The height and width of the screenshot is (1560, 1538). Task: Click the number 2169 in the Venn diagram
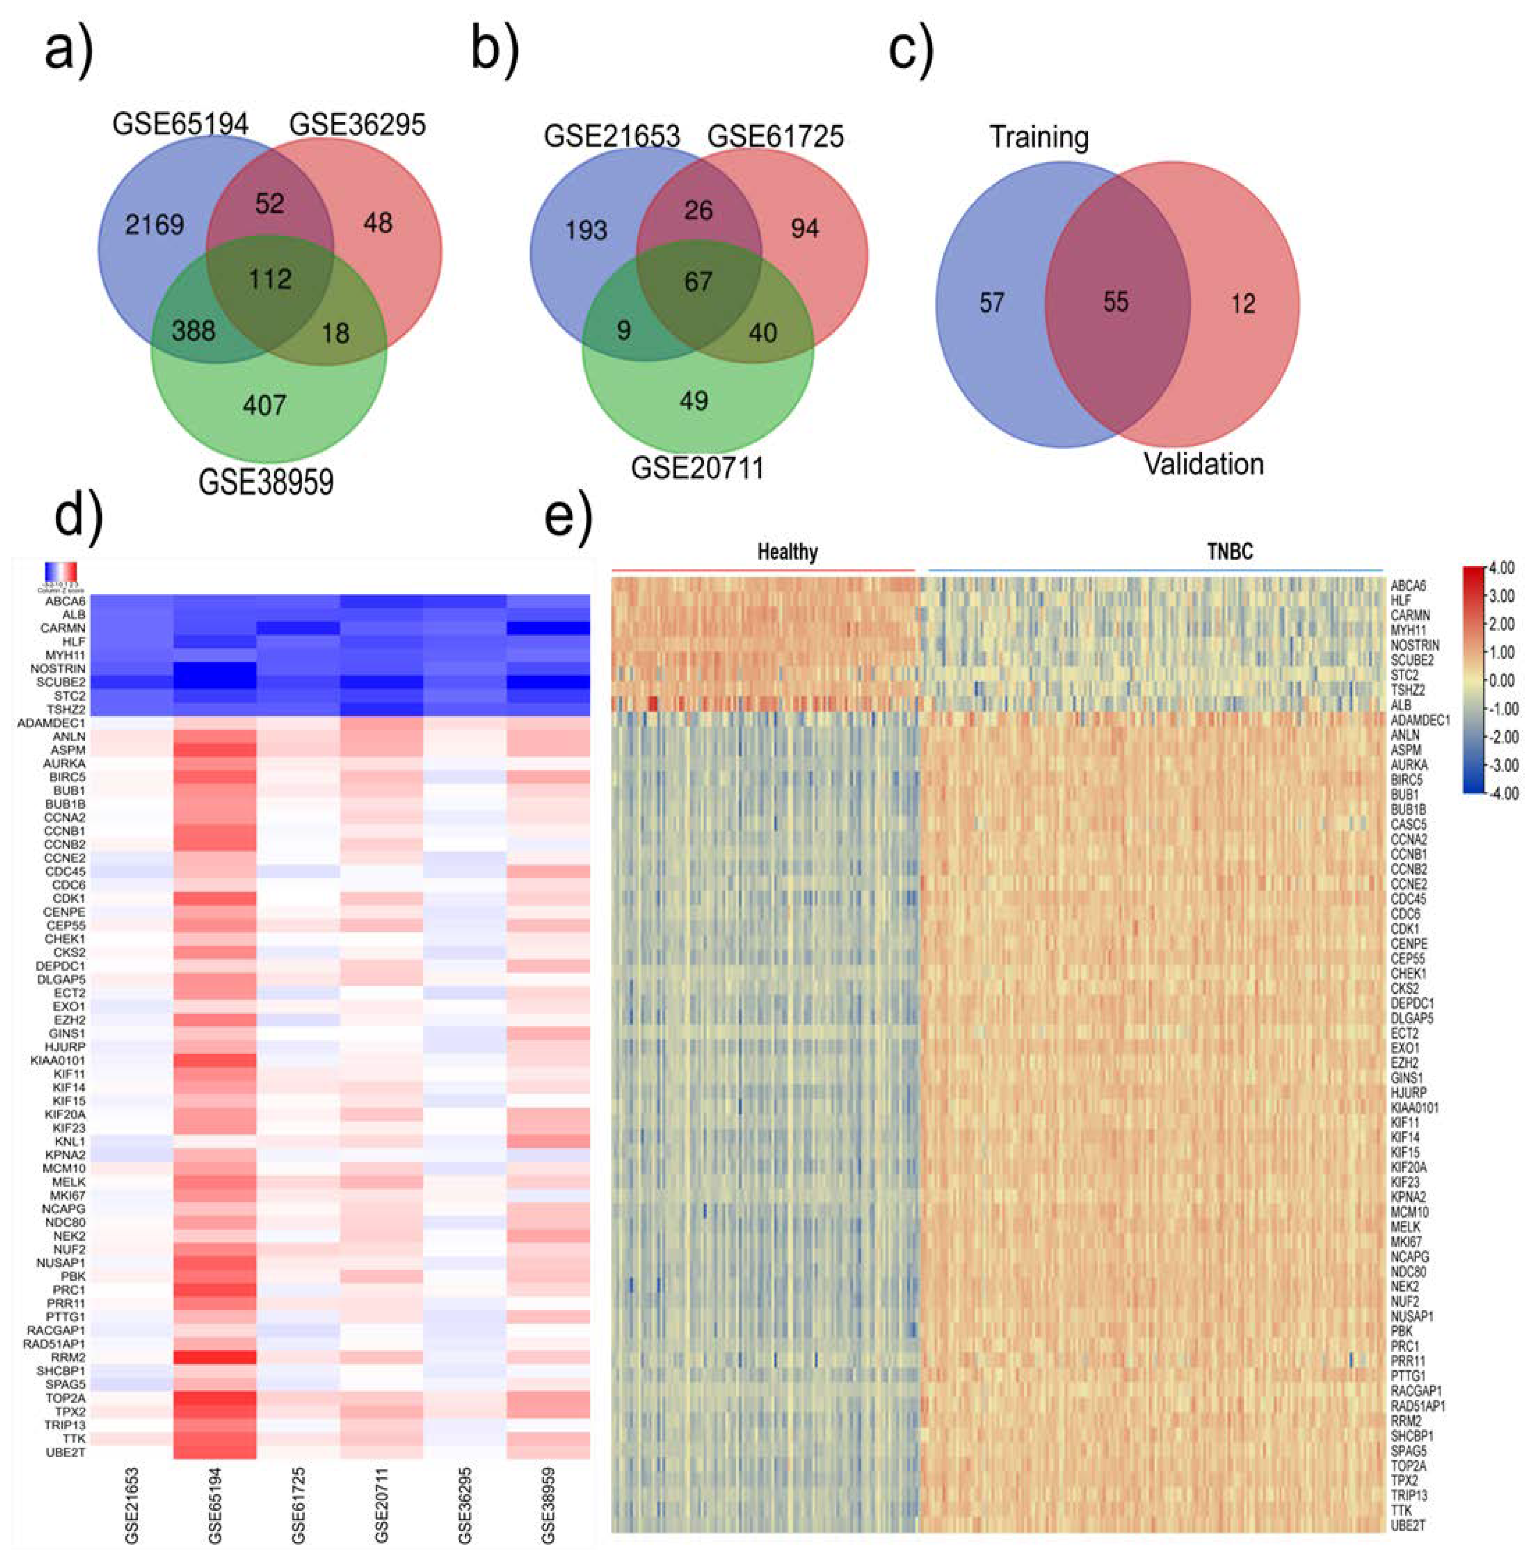(x=154, y=224)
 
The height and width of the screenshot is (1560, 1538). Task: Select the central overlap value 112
(x=270, y=279)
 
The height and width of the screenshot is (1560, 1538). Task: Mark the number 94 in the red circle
(x=804, y=229)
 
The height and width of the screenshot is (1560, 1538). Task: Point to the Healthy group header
(x=787, y=552)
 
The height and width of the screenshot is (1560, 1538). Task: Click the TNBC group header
(x=1230, y=552)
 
